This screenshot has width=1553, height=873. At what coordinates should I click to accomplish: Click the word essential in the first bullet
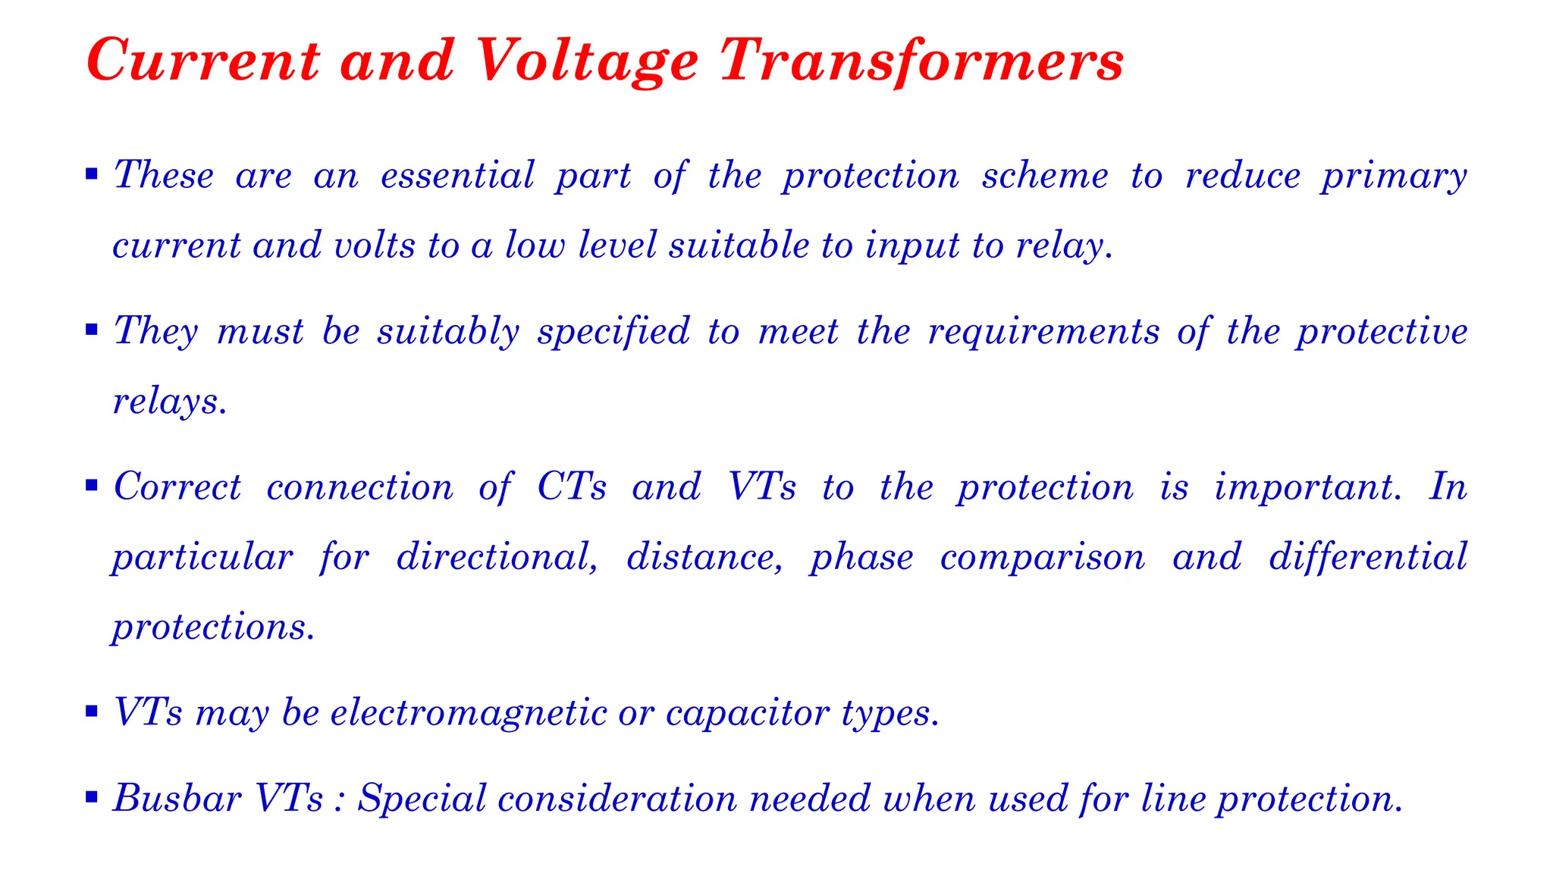457,176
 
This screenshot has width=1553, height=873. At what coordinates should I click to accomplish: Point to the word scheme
1044,176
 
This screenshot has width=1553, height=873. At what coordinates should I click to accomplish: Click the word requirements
1043,333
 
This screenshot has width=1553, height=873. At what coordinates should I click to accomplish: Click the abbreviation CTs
572,487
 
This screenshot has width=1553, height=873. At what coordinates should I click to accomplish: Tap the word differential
1368,558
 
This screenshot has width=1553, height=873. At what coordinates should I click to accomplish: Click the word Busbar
177,799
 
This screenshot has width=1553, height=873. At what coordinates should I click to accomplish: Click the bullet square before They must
92,330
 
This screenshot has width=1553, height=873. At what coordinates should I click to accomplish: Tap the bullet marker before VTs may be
92,712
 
